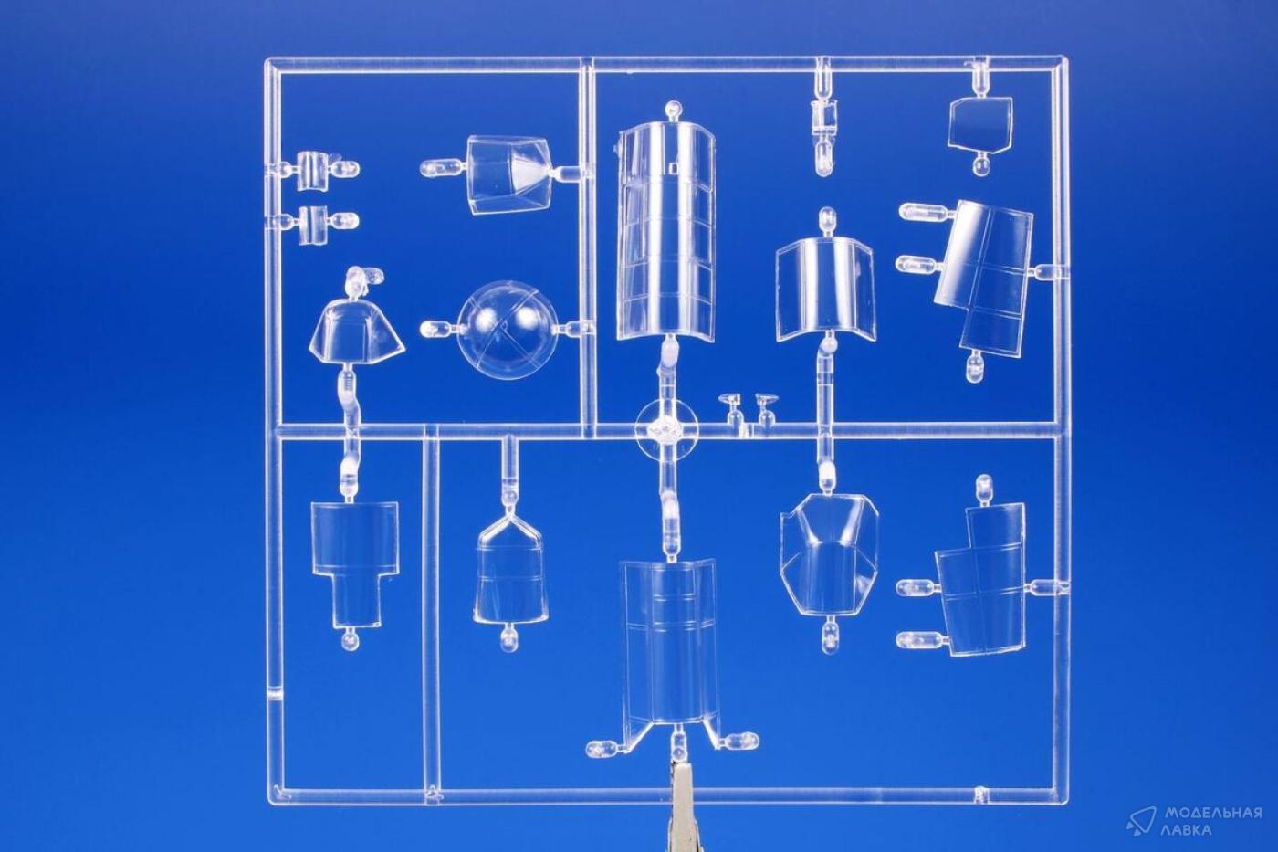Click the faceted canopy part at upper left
click(x=509, y=174)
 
